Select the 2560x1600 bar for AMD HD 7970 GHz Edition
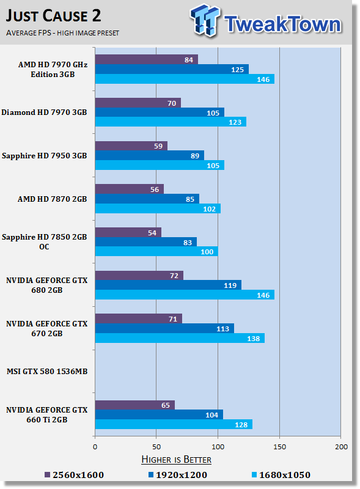[146, 59]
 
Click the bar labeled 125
[171, 69]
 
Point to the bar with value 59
[131, 146]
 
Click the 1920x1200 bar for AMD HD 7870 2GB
[147, 199]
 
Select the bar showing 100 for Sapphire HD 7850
[156, 252]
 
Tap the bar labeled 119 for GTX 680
[167, 285]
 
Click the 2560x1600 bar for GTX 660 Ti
[134, 405]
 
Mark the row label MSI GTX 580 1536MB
[47, 371]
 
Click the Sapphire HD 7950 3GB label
[44, 156]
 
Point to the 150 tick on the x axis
[279, 447]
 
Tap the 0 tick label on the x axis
[95, 447]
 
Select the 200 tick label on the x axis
[340, 447]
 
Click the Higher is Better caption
[176, 459]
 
